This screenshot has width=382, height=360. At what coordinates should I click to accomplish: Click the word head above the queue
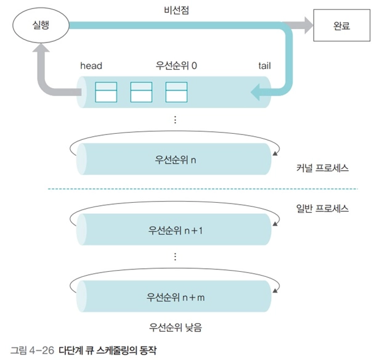tap(91, 65)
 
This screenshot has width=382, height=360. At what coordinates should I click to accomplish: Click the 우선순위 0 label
tap(176, 65)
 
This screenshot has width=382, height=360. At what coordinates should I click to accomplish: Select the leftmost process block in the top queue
tap(105, 92)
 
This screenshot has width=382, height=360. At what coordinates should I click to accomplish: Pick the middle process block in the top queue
tap(141, 92)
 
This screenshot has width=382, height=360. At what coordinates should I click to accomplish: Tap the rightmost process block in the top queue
tap(176, 92)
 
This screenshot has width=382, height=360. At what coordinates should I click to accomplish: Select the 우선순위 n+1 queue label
tap(176, 230)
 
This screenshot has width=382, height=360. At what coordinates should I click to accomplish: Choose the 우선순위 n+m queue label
tap(176, 296)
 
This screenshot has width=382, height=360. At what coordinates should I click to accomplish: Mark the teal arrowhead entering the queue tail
tap(256, 92)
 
